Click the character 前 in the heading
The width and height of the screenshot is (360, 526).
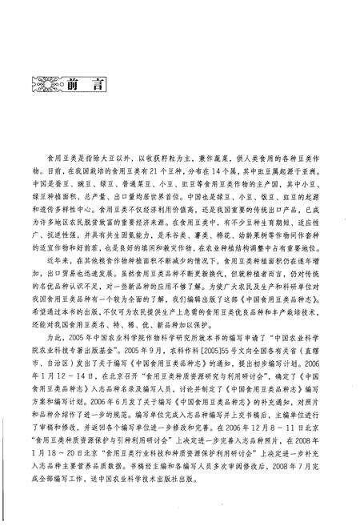(x=74, y=83)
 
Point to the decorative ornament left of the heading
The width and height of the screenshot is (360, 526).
(x=41, y=83)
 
